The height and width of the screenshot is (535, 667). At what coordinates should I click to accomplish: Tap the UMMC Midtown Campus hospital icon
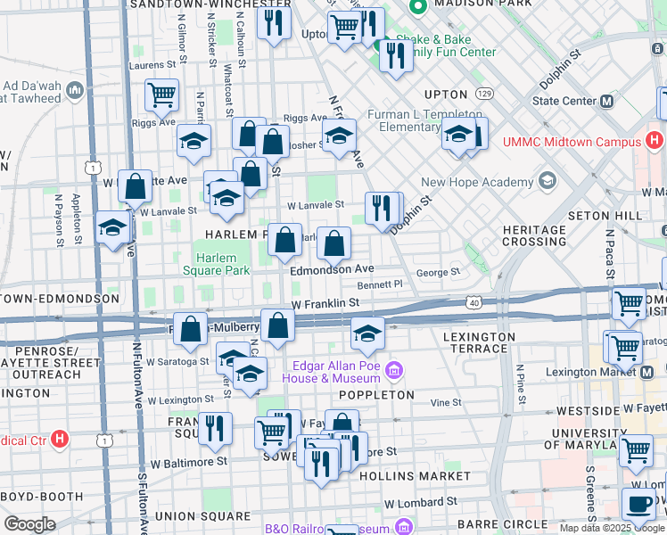click(655, 141)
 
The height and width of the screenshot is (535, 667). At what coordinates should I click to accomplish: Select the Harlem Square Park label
click(216, 263)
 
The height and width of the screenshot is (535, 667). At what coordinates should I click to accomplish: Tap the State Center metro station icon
click(607, 101)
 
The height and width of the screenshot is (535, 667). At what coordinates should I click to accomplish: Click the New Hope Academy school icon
click(546, 182)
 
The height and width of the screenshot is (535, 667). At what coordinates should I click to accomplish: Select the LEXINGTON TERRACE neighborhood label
click(480, 343)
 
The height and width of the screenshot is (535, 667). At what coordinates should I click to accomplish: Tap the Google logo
click(30, 523)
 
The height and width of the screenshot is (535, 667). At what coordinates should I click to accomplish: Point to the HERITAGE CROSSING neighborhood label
click(534, 236)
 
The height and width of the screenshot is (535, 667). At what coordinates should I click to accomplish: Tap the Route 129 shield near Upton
click(484, 93)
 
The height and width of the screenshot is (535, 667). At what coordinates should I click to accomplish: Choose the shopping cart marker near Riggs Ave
click(161, 94)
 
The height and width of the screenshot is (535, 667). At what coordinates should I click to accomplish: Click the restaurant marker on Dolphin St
click(383, 208)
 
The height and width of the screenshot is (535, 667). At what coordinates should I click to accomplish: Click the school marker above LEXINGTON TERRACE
click(366, 333)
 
